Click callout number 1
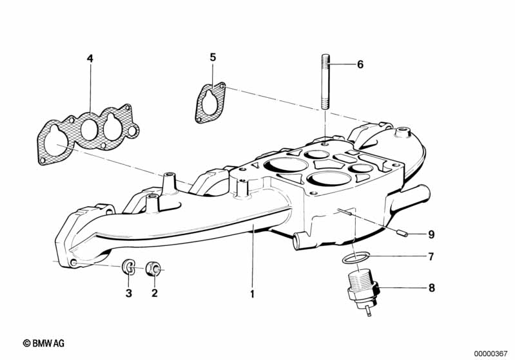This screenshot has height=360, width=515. [x=253, y=294]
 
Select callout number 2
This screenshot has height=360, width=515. [x=154, y=294]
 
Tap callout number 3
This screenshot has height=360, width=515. [x=128, y=294]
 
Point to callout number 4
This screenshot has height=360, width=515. [x=90, y=59]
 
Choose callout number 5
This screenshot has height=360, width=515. [x=213, y=57]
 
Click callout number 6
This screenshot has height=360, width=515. [x=360, y=64]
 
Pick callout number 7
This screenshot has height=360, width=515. [x=431, y=256]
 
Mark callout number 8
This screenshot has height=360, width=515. [x=431, y=288]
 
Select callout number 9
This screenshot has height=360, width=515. [x=431, y=234]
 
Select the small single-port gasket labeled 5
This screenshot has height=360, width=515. [x=210, y=102]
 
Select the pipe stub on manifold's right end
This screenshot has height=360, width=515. [x=418, y=193]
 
